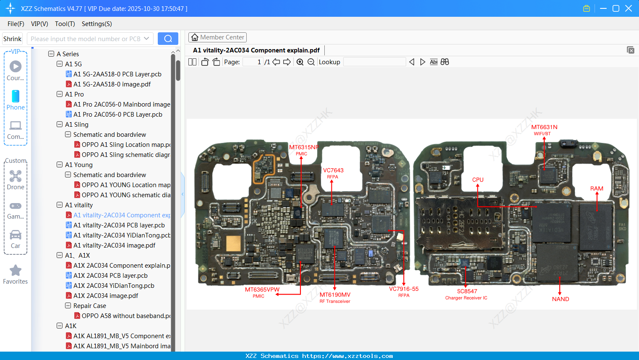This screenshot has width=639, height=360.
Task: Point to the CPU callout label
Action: [x=477, y=180]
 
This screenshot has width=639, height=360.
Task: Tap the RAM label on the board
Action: [x=596, y=188]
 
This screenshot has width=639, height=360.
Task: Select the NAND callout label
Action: [x=560, y=299]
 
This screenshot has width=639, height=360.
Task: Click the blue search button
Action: [x=168, y=39]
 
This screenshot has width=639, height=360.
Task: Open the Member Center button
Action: [x=217, y=37]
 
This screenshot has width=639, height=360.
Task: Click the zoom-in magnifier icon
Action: [x=300, y=62]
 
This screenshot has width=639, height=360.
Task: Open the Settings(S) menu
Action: [x=97, y=24]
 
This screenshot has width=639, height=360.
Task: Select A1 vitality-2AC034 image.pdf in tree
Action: [x=114, y=245]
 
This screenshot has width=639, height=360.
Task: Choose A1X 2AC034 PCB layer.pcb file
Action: [x=110, y=276]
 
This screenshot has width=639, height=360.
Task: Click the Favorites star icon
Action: [x=16, y=271]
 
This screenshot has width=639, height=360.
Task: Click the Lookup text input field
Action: [x=374, y=62]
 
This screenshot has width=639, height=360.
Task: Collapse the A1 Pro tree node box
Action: [x=60, y=94]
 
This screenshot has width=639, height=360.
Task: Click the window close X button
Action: [x=628, y=8]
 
